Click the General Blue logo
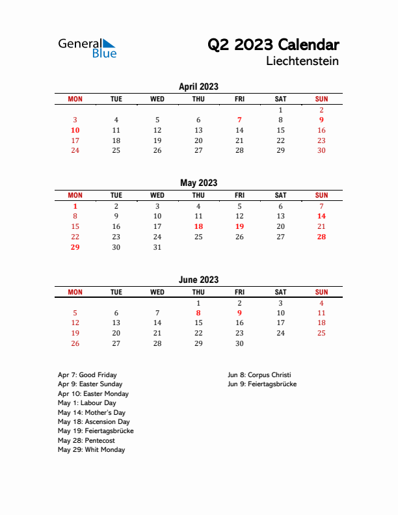pos(87,47)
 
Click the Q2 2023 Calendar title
pos(272,45)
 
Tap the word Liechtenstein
pos(302,62)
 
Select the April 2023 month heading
pos(198,86)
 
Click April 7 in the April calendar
pos(239,120)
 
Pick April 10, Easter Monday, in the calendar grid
pos(75,130)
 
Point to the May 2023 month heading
pos(198,183)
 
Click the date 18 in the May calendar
pos(198,226)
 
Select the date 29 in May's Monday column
pos(75,247)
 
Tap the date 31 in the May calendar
pos(157,247)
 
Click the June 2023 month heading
pos(198,280)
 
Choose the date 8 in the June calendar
pos(198,313)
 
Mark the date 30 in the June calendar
pos(239,343)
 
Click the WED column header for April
pos(157,99)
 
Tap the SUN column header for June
pos(321,292)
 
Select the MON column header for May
pos(75,195)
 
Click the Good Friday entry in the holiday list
pos(87,375)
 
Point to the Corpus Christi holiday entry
pos(259,375)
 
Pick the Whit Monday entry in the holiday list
pos(91,450)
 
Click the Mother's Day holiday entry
pos(92,412)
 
